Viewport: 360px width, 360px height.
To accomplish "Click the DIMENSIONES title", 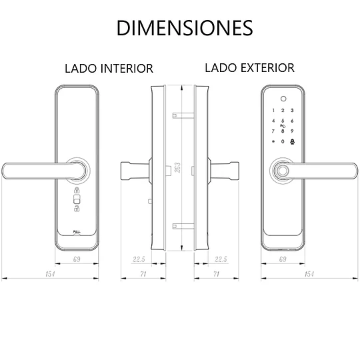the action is (185, 28).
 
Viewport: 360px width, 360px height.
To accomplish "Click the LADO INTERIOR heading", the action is (109, 69).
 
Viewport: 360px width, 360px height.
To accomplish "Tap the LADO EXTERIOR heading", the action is (249, 68).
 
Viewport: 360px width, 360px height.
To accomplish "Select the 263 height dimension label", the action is (177, 167).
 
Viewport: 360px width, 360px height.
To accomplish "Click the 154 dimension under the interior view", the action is (50, 274).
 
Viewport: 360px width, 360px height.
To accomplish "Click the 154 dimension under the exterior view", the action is (309, 274).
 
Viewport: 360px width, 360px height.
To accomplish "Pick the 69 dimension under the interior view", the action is (77, 259).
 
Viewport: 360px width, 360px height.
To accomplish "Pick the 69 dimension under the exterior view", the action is (283, 259).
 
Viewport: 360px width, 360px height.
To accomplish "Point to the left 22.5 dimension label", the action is (139, 259).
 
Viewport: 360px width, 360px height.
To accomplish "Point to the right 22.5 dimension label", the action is (221, 259).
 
